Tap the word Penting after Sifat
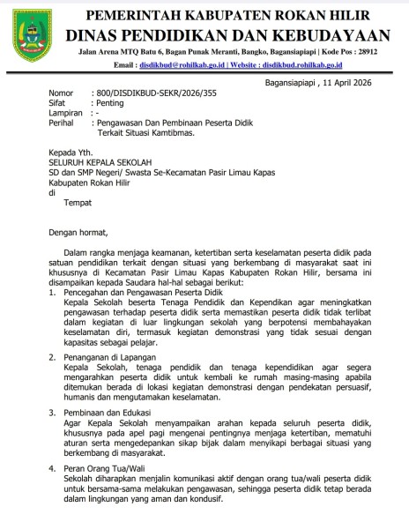[113, 104]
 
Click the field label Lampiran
[66, 115]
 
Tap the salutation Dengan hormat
[78, 234]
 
